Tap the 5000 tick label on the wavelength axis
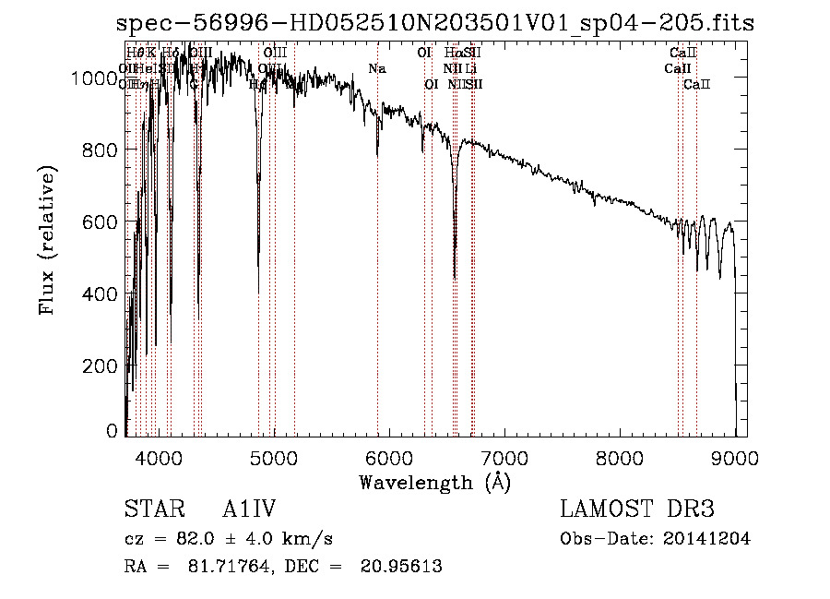click(273, 457)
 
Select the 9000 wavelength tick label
click(735, 457)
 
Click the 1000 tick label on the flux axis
click(96, 79)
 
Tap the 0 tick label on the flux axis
click(113, 431)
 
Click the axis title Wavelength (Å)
click(434, 482)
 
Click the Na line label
click(376, 69)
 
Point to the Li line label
click(471, 69)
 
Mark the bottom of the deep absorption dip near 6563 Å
click(455, 277)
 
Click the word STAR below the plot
click(150, 509)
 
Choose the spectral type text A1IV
click(249, 509)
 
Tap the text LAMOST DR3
click(637, 509)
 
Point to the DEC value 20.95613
click(402, 567)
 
